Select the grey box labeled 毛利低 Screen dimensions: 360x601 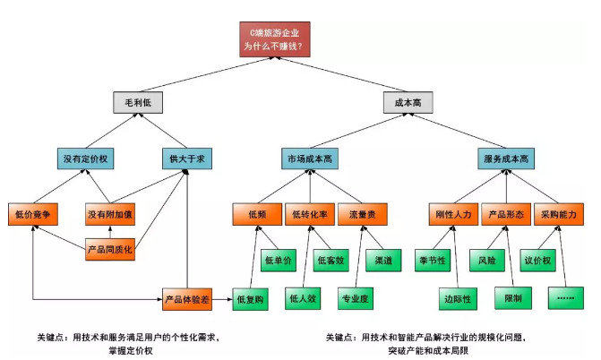138,102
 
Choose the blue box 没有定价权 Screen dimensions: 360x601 85,159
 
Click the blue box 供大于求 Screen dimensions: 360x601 187,159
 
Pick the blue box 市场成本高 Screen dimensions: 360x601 310,159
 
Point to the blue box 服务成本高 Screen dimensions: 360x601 506,159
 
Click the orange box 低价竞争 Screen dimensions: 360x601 33,215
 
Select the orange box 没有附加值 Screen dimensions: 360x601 110,215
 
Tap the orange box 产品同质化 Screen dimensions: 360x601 110,248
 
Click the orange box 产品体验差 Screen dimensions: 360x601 187,298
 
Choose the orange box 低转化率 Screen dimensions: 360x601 310,215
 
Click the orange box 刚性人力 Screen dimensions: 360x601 454,215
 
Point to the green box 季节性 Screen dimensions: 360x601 432,260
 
